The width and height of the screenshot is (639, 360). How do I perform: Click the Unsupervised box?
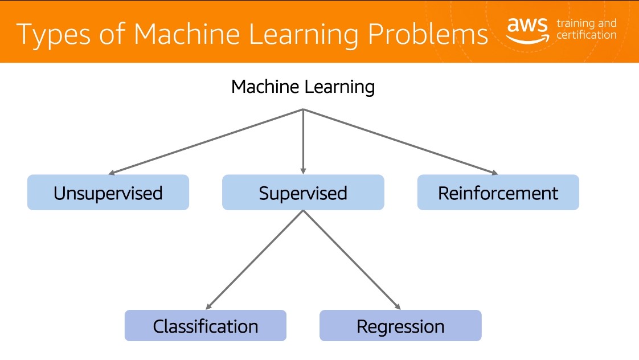pos(108,193)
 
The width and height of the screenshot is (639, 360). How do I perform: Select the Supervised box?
pos(303,193)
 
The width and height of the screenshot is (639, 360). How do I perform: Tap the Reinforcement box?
pos(498,193)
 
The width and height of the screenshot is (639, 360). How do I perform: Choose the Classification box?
pos(206,325)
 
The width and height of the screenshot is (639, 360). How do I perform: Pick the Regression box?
pos(400,325)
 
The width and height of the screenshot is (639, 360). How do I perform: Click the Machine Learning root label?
pos(303,87)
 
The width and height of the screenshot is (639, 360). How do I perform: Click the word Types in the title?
pos(54,35)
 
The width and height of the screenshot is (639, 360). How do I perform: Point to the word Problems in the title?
pos(428,34)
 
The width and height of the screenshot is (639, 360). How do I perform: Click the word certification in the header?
pos(587,35)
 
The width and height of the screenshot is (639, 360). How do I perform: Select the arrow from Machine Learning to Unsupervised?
pos(206,142)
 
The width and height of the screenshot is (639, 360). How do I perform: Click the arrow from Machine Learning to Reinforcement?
pos(400,142)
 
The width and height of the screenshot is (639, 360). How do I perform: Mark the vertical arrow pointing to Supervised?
pos(303,141)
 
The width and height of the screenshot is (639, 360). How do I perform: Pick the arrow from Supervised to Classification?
pos(255,260)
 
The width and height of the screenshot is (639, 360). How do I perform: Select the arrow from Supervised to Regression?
pos(352,260)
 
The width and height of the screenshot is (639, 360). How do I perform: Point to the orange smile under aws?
pos(528,39)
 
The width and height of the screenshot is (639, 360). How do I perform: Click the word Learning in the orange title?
pos(304,35)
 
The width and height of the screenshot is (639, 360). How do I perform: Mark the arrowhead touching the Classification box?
pos(208,306)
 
